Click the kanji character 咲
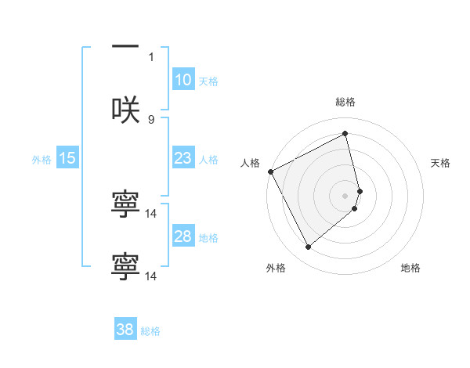click(x=125, y=110)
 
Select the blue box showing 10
click(x=183, y=80)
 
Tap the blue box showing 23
click(x=183, y=158)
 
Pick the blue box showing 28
click(x=183, y=236)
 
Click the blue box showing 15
click(x=67, y=158)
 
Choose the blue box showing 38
click(x=125, y=330)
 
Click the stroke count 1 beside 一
click(x=151, y=56)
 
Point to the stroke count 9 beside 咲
click(x=151, y=119)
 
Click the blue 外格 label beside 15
click(x=42, y=159)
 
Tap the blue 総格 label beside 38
click(x=150, y=330)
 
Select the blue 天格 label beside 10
click(x=208, y=81)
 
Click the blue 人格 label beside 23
click(x=208, y=159)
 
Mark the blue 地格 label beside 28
click(x=208, y=237)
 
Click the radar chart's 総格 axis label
click(x=345, y=103)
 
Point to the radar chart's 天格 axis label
click(x=441, y=163)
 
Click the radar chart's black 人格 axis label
click(x=250, y=163)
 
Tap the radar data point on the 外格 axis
click(x=308, y=247)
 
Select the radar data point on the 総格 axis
click(x=345, y=133)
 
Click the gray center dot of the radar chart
click(x=345, y=195)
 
